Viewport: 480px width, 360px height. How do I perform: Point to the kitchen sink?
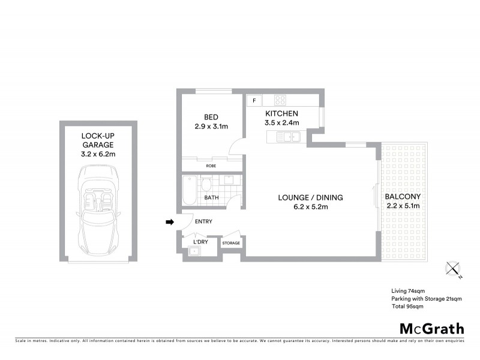289,137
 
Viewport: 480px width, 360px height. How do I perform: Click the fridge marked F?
254,100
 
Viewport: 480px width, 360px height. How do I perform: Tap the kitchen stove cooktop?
280,100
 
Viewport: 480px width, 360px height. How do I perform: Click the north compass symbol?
453,270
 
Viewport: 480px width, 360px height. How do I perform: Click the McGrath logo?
432,328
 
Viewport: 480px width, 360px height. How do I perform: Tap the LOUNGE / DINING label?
302,197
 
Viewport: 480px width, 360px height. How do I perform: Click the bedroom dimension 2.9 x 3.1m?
211,127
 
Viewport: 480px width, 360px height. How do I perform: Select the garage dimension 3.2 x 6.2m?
98,154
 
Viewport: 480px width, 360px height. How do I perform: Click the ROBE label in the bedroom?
211,166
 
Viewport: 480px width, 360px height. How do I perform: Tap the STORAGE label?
231,243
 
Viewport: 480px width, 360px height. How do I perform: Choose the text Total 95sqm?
407,306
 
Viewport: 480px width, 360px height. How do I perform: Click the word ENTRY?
203,221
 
